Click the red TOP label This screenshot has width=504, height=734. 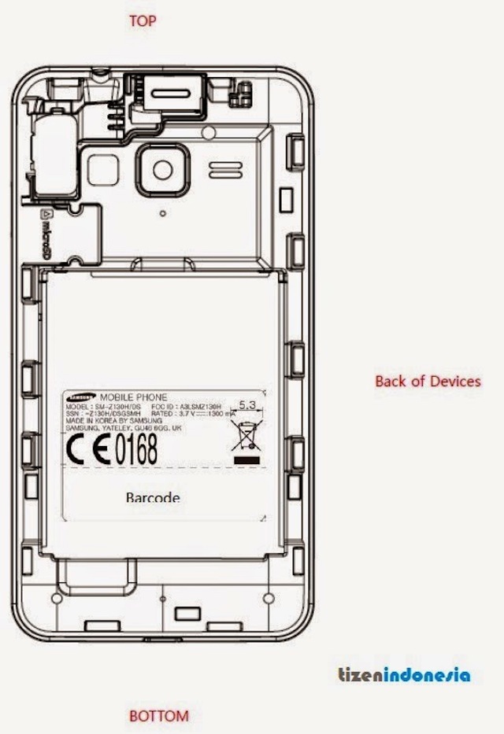[143, 21]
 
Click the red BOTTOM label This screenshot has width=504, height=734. [159, 716]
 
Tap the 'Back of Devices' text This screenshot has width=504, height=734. [428, 381]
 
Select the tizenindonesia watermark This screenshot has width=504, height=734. [404, 675]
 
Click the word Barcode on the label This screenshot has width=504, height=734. [153, 497]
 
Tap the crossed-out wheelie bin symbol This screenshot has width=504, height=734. [243, 435]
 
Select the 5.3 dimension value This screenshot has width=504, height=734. [247, 404]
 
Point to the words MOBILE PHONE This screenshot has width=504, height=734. [128, 396]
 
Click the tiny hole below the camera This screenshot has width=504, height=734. [161, 212]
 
